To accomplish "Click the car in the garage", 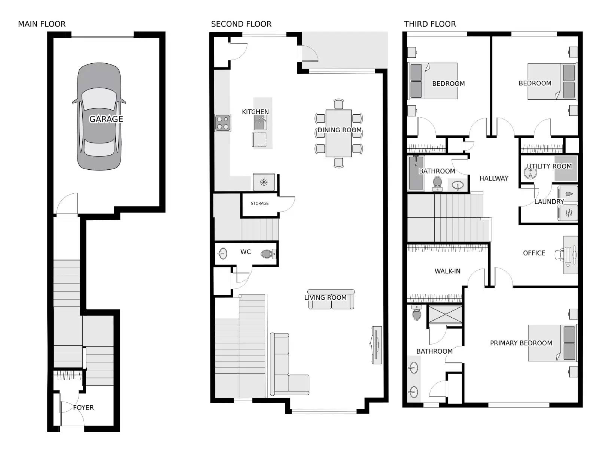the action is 99,116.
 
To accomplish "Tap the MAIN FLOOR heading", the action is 42,24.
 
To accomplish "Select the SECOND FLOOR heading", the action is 241,24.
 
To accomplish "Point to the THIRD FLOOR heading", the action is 430,24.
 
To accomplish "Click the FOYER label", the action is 83,408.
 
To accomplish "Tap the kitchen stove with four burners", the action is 223,123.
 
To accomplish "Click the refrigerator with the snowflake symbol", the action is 264,182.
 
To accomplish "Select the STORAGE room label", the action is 260,203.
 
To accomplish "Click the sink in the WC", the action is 223,254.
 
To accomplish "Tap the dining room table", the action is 338,133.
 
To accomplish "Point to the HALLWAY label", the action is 494,178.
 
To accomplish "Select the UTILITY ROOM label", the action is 549,166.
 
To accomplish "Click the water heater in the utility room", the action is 530,173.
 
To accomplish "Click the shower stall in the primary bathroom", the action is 445,315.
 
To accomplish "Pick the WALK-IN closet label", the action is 447,271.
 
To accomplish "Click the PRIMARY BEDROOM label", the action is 521,343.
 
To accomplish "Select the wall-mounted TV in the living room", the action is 376,345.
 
